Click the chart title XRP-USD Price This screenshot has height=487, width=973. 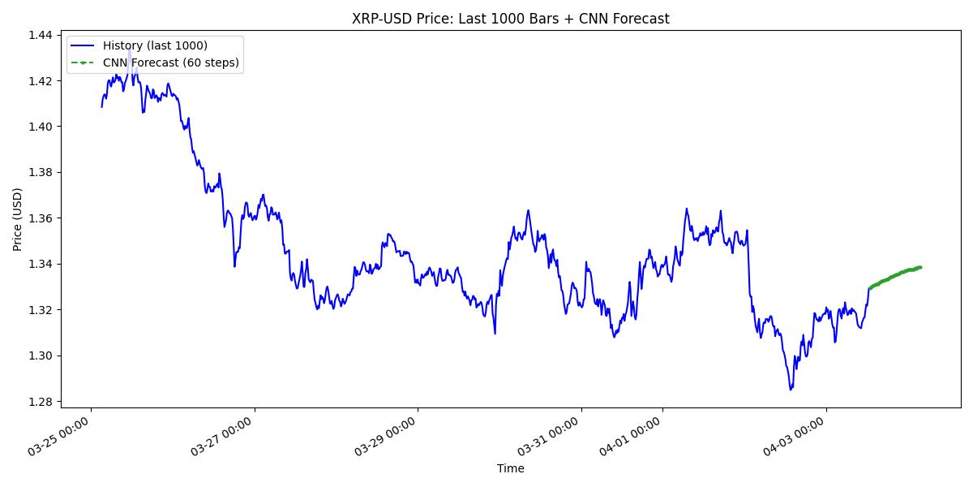tap(510, 19)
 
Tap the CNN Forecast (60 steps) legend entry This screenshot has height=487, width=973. tap(170, 62)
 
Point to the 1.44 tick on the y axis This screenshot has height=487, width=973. tap(42, 35)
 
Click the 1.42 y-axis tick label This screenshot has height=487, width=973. tap(42, 81)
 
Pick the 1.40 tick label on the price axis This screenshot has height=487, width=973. tap(42, 127)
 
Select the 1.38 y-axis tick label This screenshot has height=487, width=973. tap(42, 173)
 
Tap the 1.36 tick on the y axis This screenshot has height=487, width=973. tap(42, 218)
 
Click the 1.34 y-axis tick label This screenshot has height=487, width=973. tap(42, 265)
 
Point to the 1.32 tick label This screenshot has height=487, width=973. tap(42, 310)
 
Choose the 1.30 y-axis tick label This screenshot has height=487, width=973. tap(42, 356)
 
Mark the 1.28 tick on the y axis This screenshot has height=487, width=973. tap(42, 402)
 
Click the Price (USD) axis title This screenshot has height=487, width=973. tap(18, 219)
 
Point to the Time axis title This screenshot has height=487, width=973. tap(510, 468)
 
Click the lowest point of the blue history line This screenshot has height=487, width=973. tap(791, 390)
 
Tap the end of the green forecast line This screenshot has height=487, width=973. tap(920, 267)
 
